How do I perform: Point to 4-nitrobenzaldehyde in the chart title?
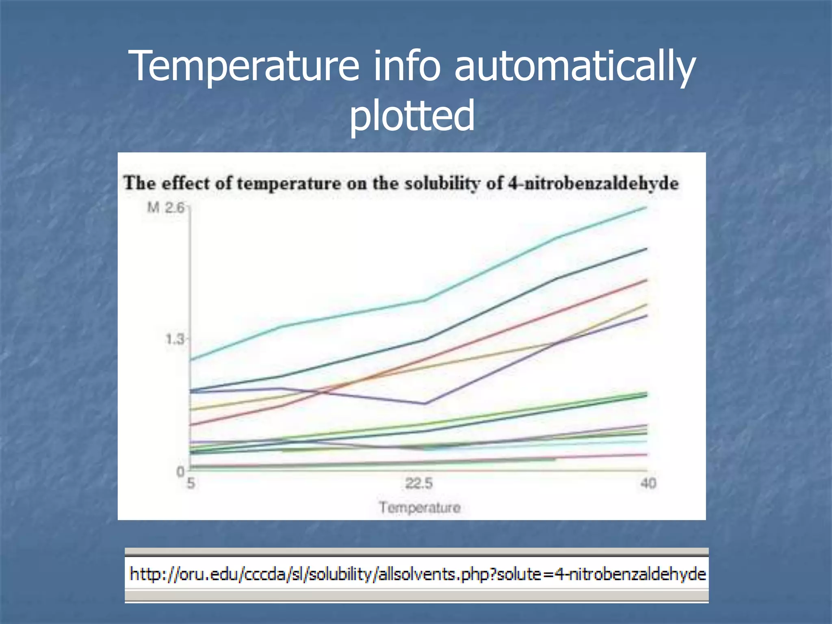tap(594, 183)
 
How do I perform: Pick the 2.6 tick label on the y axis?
tap(175, 208)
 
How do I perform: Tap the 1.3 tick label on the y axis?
tap(175, 339)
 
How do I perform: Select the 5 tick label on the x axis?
tap(191, 483)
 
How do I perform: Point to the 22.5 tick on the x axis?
tap(419, 483)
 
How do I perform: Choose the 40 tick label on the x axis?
tap(648, 483)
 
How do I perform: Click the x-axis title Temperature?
tap(420, 507)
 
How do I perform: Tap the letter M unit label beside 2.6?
tap(153, 208)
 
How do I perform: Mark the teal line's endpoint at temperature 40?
tap(646, 208)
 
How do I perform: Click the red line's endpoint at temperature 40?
tap(646, 280)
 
